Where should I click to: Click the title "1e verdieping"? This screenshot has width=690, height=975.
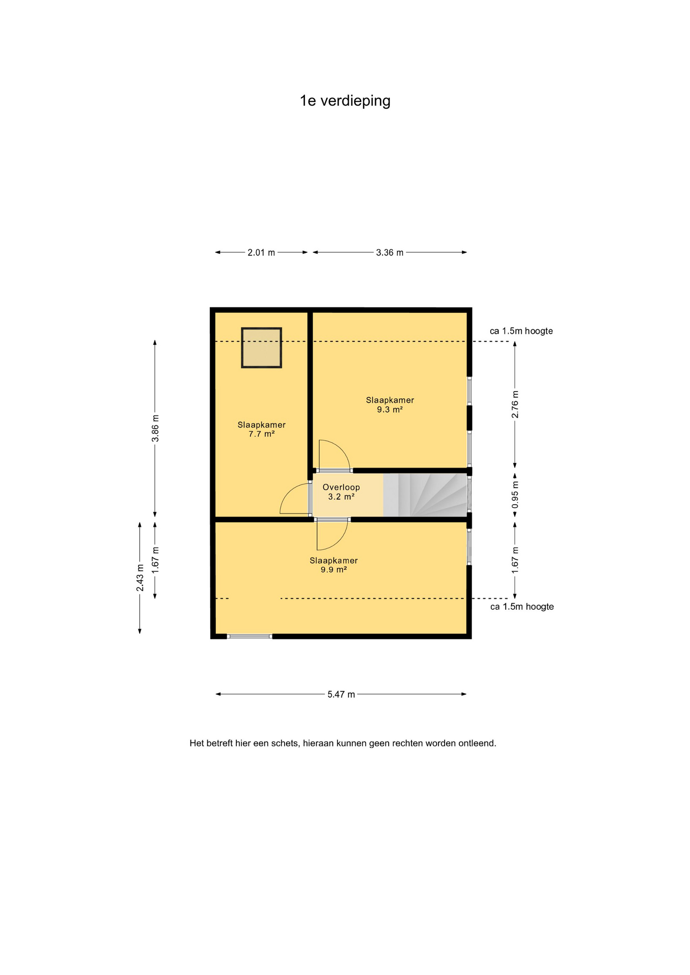(345, 101)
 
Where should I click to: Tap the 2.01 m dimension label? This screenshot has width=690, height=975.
(261, 252)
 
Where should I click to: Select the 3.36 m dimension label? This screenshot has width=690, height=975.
(390, 252)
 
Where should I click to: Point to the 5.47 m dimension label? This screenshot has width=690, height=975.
(341, 694)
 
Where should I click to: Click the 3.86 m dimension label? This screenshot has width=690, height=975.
(155, 429)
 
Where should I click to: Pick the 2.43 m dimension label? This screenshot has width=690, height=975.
(140, 577)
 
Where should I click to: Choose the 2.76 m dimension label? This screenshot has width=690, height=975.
(515, 405)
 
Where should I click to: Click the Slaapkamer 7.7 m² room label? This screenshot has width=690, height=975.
(262, 430)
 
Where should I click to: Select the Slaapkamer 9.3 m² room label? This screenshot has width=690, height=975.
(390, 405)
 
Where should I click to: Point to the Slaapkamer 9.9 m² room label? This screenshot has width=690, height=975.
(334, 565)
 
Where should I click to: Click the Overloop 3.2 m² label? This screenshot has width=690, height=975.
(341, 492)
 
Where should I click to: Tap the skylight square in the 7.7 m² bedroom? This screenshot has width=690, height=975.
(262, 348)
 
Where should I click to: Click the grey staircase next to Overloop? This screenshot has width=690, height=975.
(425, 495)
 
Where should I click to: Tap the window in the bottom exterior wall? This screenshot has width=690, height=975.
(249, 636)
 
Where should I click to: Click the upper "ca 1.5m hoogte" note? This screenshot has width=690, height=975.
(521, 331)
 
